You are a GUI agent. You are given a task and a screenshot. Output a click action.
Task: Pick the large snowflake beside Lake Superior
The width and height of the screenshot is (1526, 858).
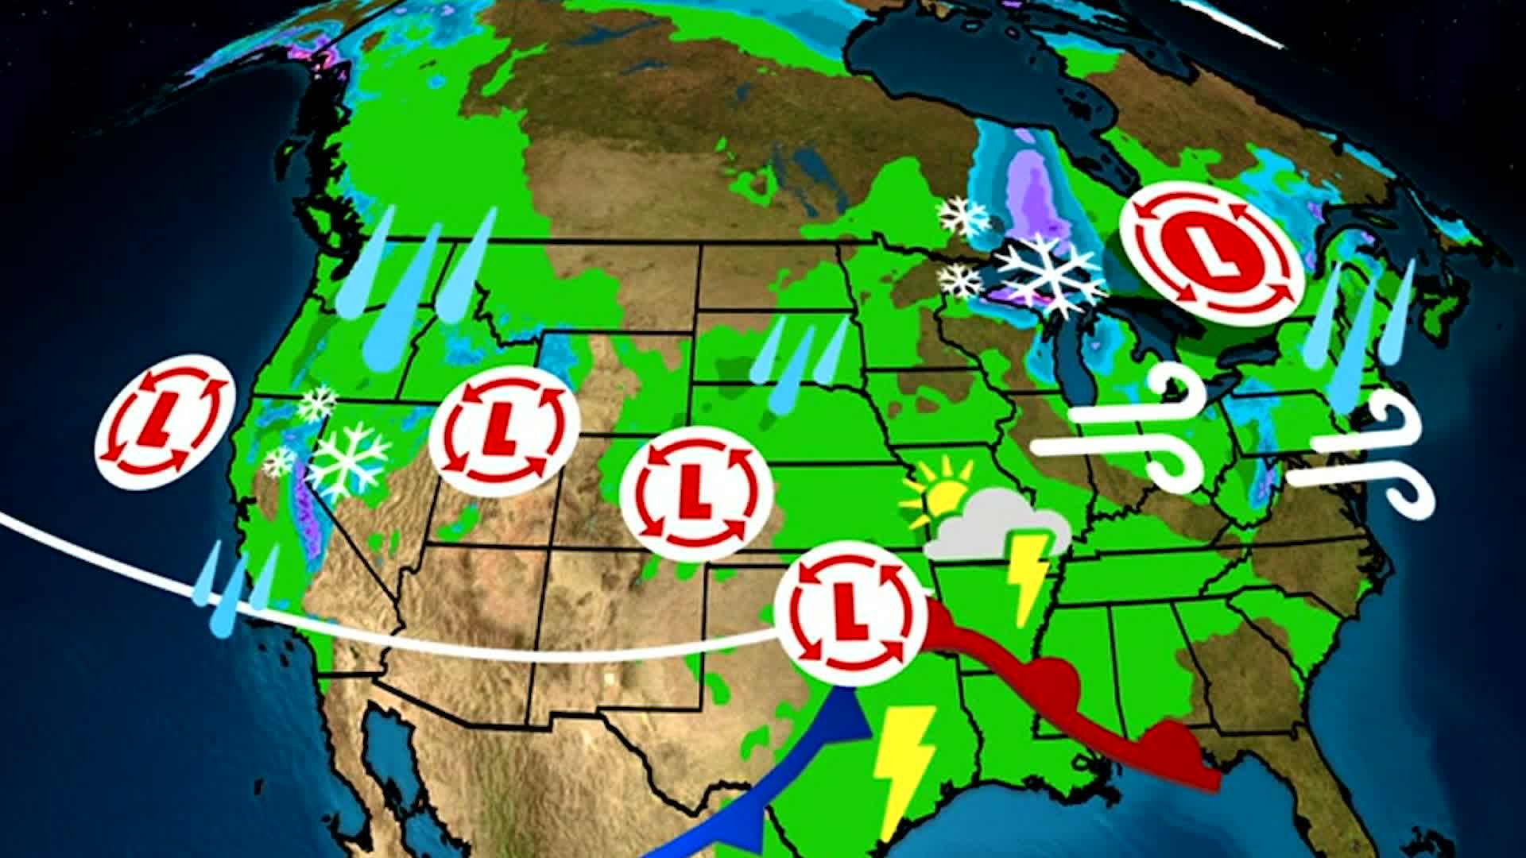point(1048,273)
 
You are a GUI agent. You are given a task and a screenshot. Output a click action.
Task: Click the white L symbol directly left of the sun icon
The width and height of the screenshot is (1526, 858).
point(695,493)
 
